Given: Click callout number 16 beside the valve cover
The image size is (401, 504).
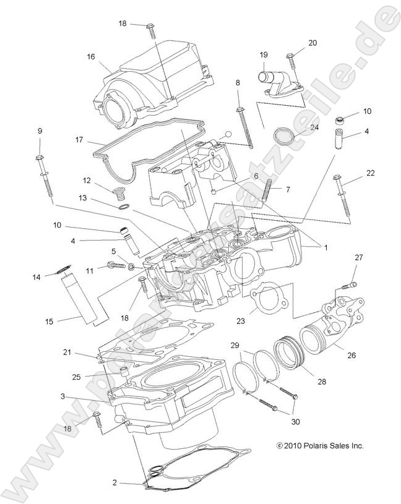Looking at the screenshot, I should (91, 56).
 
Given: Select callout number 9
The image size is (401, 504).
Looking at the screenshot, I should (40, 131).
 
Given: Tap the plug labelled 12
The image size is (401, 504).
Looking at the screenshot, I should (118, 194).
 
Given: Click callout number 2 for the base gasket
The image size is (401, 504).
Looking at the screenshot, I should (114, 482).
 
